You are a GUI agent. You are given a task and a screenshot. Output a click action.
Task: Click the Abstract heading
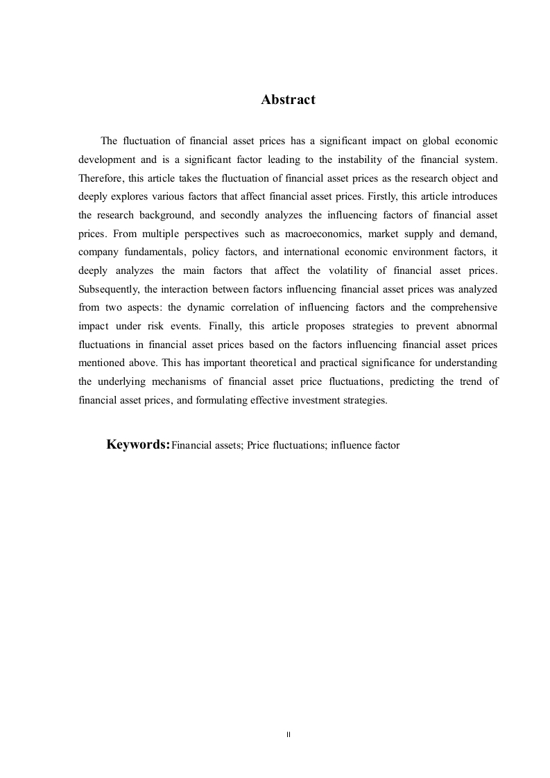[288, 100]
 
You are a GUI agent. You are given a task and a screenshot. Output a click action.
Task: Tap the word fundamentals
[151, 252]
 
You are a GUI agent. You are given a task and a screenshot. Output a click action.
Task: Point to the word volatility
[324, 270]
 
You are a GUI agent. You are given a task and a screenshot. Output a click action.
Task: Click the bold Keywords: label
[138, 444]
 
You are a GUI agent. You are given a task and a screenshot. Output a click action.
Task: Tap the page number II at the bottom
[288, 733]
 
